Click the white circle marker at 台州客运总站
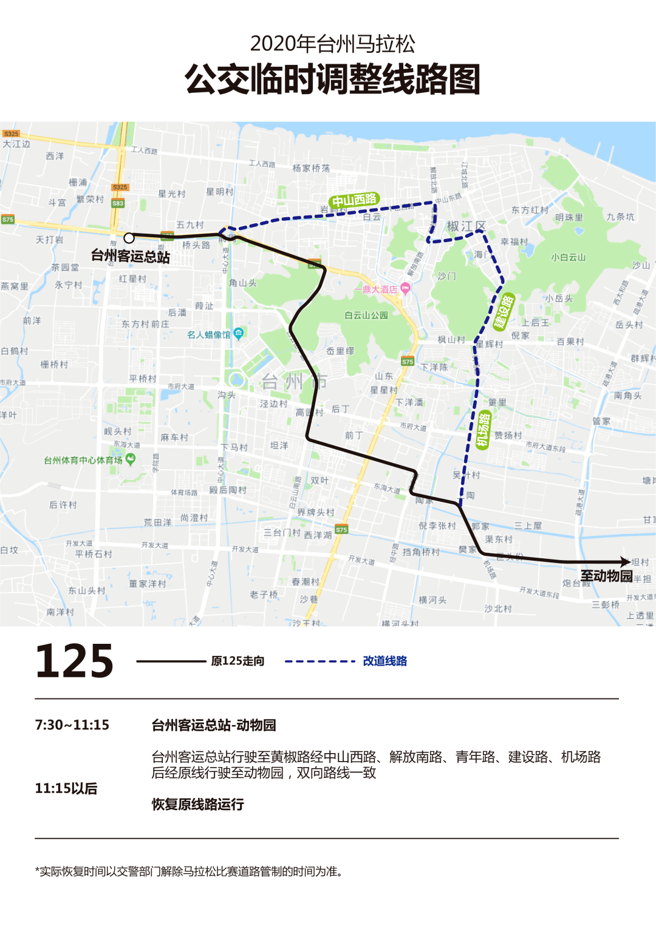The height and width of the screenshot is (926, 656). coord(129,238)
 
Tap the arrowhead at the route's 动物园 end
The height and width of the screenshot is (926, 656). coord(626,562)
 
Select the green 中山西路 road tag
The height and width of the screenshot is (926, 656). coord(355,200)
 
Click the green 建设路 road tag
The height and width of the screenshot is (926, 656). coord(504,311)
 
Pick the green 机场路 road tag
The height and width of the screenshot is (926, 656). coord(483,429)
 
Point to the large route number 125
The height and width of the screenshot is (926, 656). coord(75,661)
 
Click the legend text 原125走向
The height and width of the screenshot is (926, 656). coord(237,661)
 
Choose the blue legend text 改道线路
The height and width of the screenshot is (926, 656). coord(385,661)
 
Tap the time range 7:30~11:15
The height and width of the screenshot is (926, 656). coord(72,725)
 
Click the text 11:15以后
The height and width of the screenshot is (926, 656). coord(66,788)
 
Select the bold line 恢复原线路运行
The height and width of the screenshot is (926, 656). coord(198,805)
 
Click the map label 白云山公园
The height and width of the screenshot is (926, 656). coord(366,316)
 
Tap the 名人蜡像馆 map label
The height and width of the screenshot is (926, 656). coord(209,334)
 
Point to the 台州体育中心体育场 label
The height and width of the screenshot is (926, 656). coord(83,461)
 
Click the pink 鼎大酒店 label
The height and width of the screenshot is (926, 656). coord(380,289)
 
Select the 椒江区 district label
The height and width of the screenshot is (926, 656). coord(466,226)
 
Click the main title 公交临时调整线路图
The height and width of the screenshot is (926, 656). coord(332,79)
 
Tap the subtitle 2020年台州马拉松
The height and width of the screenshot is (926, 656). coord(332,44)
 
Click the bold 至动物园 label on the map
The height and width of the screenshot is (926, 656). coord(606,576)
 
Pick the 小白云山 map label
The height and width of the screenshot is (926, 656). coord(569,257)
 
